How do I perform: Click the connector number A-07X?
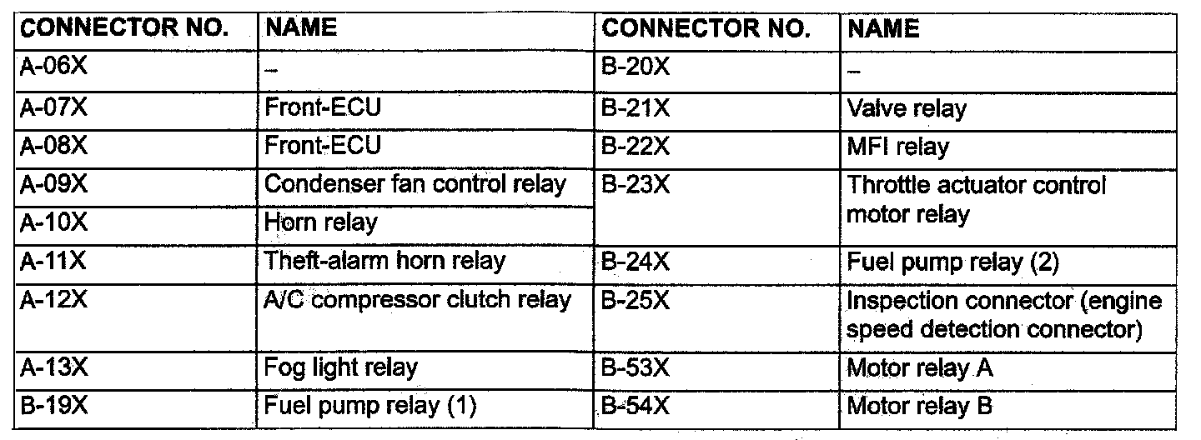pyautogui.click(x=53, y=107)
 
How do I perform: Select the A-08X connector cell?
pyautogui.click(x=53, y=146)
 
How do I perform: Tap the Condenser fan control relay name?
pyautogui.click(x=415, y=184)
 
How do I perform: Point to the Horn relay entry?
pyautogui.click(x=320, y=222)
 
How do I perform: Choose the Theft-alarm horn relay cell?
pyautogui.click(x=384, y=261)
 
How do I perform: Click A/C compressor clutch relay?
pyautogui.click(x=417, y=300)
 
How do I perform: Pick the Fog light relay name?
pyautogui.click(x=340, y=367)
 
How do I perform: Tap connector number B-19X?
pyautogui.click(x=53, y=406)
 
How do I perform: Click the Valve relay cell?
pyautogui.click(x=906, y=108)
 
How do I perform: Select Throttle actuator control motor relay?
pyautogui.click(x=976, y=200)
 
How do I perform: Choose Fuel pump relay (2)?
pyautogui.click(x=952, y=262)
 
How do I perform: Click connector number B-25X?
pyautogui.click(x=636, y=300)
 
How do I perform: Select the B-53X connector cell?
pyautogui.click(x=636, y=367)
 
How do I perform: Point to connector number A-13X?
pyautogui.click(x=53, y=367)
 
